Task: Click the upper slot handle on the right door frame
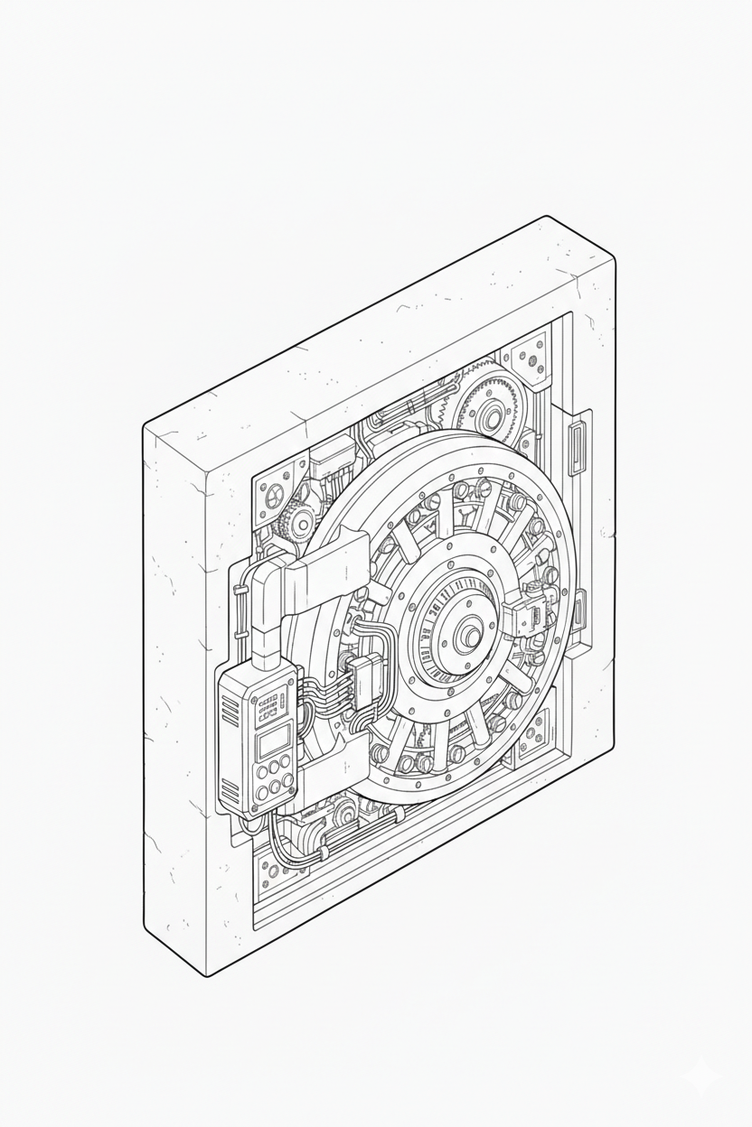(572, 448)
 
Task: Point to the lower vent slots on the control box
(230, 791)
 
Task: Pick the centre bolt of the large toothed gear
(493, 417)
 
